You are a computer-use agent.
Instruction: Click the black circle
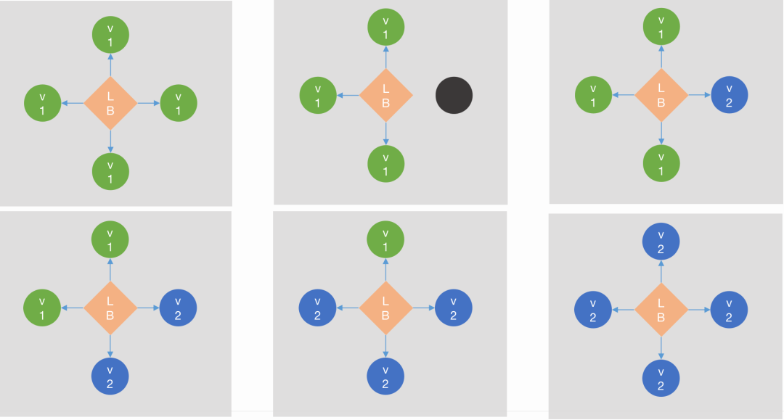(x=454, y=95)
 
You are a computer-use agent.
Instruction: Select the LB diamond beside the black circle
(x=385, y=95)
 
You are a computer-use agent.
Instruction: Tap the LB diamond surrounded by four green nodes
(x=110, y=103)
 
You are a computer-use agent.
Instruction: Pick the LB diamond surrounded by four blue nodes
(x=661, y=309)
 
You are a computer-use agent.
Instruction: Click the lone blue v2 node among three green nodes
(x=730, y=94)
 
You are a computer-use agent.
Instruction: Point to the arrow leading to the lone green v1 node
(x=385, y=271)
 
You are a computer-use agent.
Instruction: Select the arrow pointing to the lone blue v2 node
(x=698, y=94)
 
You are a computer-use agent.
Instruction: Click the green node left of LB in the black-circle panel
(x=318, y=95)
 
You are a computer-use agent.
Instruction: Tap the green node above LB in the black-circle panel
(x=385, y=27)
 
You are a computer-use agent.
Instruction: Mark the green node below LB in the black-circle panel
(x=385, y=163)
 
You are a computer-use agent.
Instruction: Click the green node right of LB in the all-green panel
(x=179, y=103)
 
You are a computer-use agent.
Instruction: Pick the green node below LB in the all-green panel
(x=110, y=171)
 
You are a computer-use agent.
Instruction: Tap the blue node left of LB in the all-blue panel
(x=593, y=309)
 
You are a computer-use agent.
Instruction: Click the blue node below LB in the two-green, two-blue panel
(x=110, y=376)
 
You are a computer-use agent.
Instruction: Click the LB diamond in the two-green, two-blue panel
(x=110, y=308)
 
